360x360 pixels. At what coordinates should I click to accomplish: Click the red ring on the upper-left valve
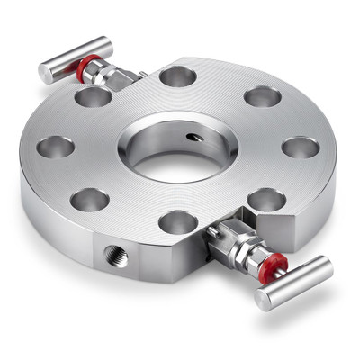tap(83, 67)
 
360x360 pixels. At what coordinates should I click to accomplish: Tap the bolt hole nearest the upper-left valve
tap(94, 96)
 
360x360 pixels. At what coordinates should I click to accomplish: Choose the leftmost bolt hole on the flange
tap(56, 147)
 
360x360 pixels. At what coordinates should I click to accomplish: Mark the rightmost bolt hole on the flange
tap(299, 147)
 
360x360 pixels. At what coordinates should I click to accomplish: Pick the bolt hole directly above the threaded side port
tap(90, 199)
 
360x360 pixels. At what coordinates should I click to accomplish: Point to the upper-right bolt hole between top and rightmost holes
tap(262, 96)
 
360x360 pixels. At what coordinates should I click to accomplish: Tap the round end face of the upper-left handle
tap(45, 74)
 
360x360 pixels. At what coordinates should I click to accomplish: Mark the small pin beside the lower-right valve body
tap(212, 231)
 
